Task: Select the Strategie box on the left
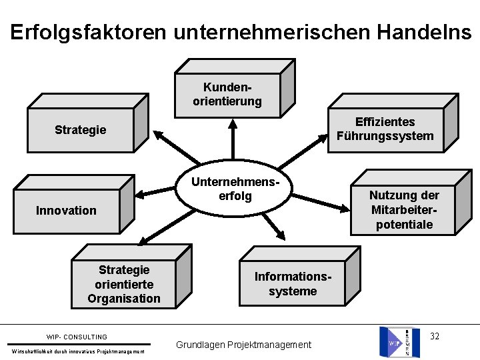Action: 81,129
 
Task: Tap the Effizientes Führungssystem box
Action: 385,129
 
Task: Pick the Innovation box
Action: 67,211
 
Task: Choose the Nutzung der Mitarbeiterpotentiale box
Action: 404,209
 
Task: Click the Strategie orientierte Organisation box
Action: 124,284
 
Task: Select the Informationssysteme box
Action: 293,284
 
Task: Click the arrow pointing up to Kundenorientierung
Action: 233,140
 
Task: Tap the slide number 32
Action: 435,335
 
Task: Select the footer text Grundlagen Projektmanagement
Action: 243,345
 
